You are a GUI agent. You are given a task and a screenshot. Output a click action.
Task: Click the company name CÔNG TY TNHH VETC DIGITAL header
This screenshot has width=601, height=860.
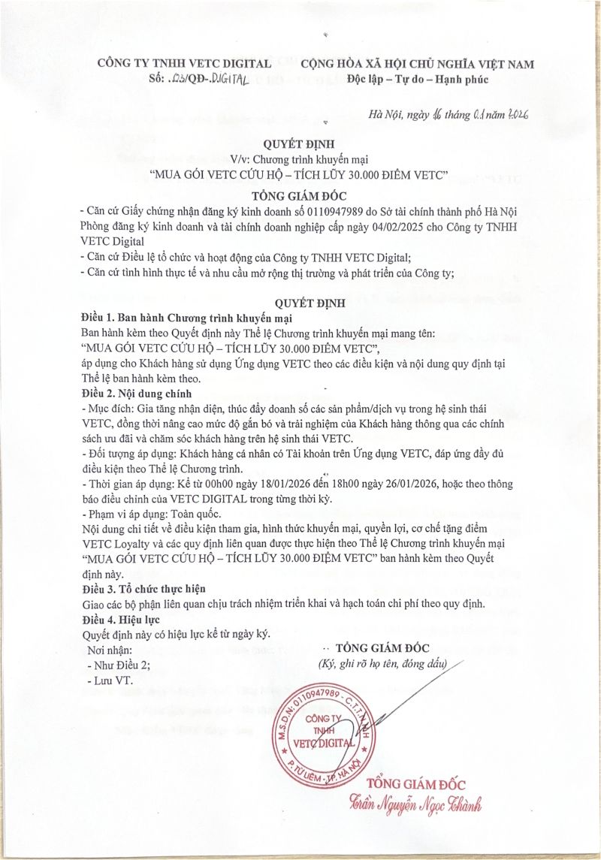click(184, 64)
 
